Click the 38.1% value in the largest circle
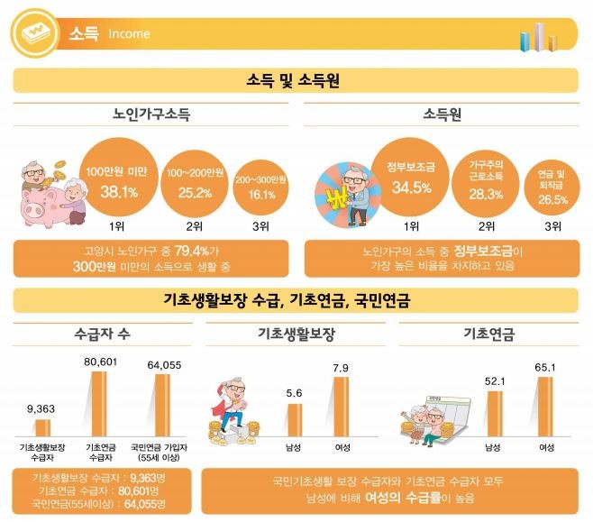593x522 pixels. pyautogui.click(x=117, y=192)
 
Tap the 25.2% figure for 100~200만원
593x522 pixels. pyautogui.click(x=194, y=192)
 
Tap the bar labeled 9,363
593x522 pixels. pyautogui.click(x=42, y=427)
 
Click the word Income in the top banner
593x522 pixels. pyautogui.click(x=129, y=34)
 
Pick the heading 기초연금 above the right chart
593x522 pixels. pyautogui.click(x=488, y=334)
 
